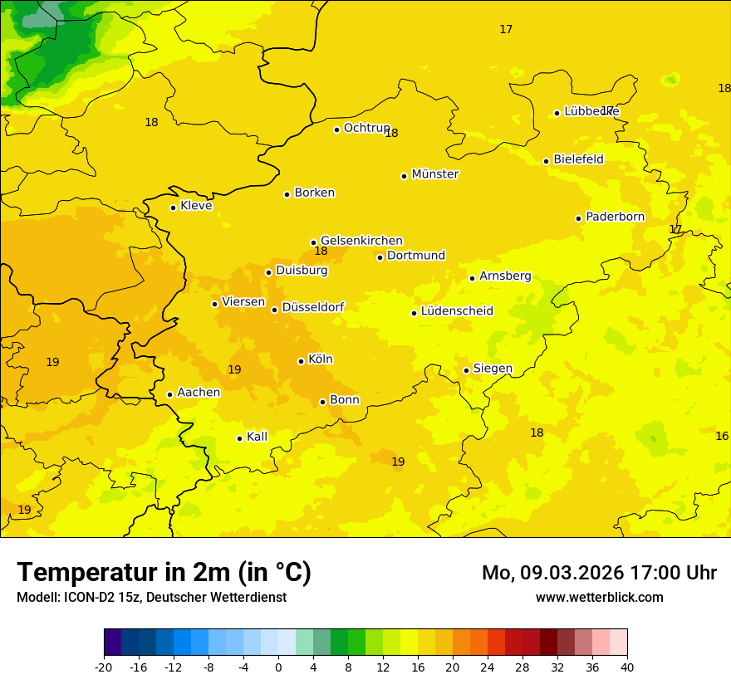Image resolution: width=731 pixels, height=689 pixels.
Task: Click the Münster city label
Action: (x=434, y=174)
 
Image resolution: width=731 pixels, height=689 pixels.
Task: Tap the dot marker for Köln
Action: (x=301, y=361)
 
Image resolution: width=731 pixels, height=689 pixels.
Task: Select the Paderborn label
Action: (x=615, y=217)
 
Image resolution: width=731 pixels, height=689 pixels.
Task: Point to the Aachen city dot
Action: (x=169, y=394)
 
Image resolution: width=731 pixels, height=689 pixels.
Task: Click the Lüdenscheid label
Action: (x=457, y=311)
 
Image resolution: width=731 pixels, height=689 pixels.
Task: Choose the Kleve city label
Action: (x=196, y=206)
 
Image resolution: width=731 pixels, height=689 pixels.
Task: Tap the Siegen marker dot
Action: (x=466, y=370)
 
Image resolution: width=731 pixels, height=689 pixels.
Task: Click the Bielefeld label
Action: (x=578, y=159)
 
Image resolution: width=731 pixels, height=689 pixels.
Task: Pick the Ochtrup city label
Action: (x=366, y=128)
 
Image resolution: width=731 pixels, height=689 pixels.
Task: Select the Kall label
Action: (x=257, y=437)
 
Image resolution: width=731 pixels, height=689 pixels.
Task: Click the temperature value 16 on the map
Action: (x=722, y=436)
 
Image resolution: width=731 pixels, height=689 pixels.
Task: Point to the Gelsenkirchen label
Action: (x=361, y=241)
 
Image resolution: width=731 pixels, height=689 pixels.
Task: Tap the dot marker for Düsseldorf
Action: (x=274, y=310)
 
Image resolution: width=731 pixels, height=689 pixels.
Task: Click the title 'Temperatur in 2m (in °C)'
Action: (x=164, y=573)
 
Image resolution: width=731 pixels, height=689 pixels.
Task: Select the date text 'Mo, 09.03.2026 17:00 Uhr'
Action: (x=599, y=573)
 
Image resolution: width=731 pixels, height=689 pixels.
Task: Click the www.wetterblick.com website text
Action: (x=599, y=598)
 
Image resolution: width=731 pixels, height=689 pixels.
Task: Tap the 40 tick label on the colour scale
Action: (x=627, y=667)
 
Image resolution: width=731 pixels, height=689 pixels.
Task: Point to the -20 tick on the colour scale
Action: (x=104, y=667)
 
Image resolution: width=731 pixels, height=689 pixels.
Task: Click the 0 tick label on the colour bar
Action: (x=278, y=667)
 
